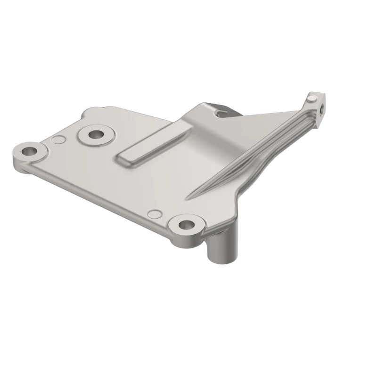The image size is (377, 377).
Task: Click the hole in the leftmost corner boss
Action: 30,152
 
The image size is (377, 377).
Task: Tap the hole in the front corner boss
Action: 187,224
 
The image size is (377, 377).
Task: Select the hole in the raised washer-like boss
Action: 97,134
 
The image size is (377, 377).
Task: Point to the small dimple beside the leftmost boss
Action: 58,139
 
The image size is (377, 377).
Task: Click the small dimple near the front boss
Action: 155,214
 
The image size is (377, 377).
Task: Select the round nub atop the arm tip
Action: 311,98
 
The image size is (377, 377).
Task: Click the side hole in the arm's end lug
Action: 321,109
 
